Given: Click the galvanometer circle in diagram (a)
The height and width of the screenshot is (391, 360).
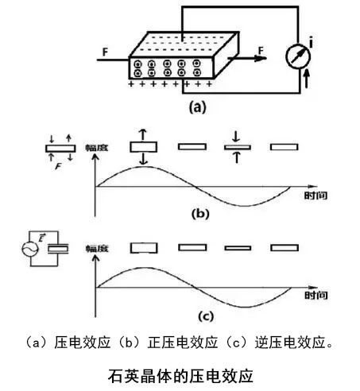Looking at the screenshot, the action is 298,56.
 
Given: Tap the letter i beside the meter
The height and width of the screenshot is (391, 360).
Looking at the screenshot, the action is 311,43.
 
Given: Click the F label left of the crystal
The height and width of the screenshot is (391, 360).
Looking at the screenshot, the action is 105,52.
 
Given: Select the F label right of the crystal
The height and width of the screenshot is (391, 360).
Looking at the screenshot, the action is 261,51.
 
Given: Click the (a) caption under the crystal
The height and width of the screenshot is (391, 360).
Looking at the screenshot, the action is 197,107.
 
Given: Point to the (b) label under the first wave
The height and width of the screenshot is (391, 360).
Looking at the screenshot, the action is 200,214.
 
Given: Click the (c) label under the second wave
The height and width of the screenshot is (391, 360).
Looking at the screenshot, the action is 206,316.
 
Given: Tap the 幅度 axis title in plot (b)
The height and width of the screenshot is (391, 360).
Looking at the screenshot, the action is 97,148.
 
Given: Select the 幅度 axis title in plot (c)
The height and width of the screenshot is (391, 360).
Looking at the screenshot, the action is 97,249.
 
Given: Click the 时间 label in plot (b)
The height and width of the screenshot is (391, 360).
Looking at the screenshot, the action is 315,195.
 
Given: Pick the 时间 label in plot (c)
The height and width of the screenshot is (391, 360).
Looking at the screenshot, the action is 315,295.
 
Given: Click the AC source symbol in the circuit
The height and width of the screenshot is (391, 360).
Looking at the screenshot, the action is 30,249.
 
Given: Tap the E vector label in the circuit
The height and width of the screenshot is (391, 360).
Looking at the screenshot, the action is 41,238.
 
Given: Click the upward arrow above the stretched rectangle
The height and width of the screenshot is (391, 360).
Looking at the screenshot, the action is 143,134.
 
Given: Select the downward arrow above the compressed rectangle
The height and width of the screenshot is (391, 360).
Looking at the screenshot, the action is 236,136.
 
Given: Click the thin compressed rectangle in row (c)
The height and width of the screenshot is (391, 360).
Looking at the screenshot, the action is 238,248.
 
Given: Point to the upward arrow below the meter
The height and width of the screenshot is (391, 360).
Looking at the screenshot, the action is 307,79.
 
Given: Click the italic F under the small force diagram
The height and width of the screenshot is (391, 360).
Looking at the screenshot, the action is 58,167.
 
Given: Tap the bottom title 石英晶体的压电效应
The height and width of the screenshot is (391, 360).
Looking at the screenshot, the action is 180,376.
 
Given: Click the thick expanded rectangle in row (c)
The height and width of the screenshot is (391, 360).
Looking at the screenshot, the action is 144,248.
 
